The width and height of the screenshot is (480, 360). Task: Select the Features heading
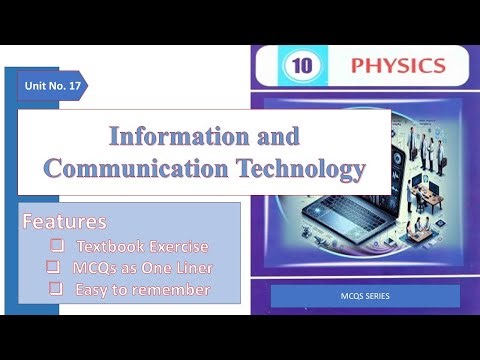(64, 220)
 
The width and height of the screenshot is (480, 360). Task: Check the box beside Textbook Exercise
(57, 245)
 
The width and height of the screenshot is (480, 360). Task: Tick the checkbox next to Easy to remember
(57, 289)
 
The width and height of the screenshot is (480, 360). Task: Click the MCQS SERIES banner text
(365, 297)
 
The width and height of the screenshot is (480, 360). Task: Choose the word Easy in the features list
(95, 289)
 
